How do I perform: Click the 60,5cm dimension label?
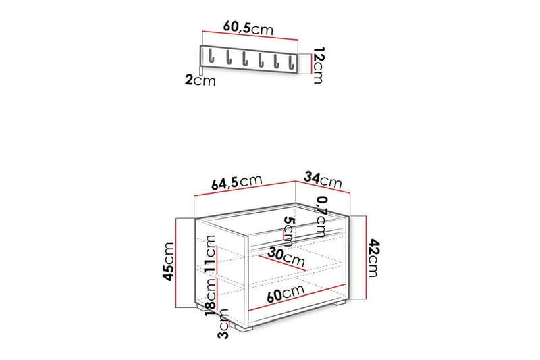point(248,28)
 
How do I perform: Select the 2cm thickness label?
point(200,81)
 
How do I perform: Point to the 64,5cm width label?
point(236,183)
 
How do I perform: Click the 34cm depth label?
point(322,181)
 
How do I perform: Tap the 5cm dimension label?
point(288,232)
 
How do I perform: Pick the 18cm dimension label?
point(211,302)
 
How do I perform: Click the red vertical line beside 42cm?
point(365,257)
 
